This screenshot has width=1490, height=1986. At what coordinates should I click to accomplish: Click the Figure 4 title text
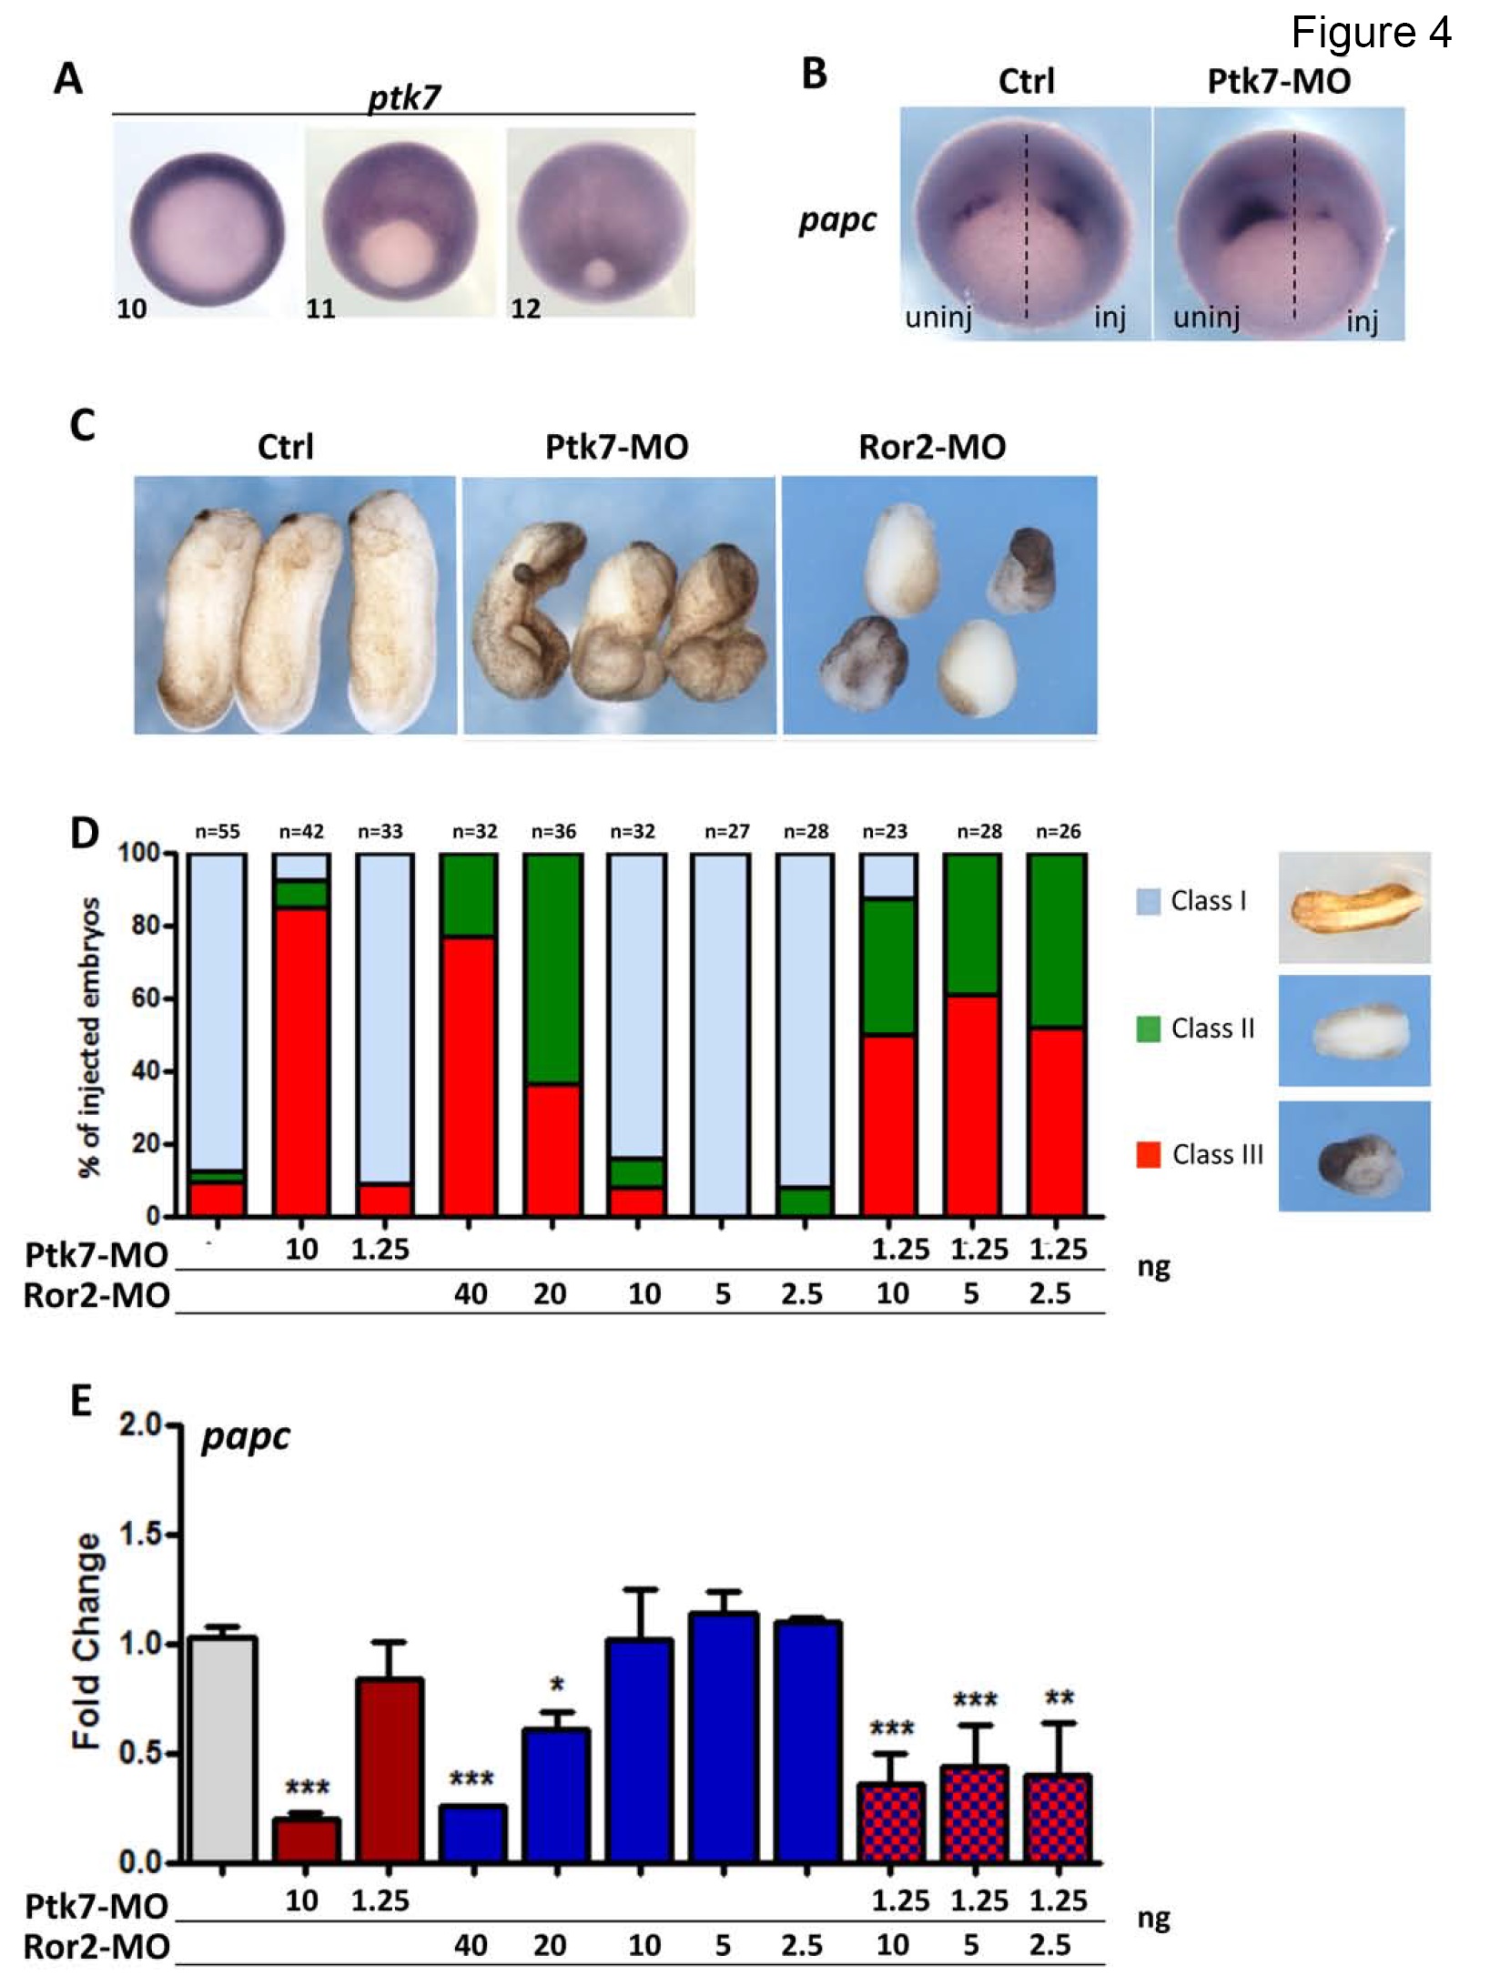[x=1370, y=34]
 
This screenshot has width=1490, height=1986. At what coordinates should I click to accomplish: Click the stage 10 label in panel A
[x=131, y=309]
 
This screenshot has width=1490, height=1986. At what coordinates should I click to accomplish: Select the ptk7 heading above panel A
[x=403, y=96]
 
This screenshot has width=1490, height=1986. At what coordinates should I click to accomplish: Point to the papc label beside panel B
[x=837, y=220]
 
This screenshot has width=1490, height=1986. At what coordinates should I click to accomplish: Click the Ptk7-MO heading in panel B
[x=1278, y=82]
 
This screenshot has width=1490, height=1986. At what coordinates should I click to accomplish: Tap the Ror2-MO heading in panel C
[x=932, y=447]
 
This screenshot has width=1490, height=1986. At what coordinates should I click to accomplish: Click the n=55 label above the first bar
[x=217, y=831]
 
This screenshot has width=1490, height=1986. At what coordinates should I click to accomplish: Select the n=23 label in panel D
[x=885, y=831]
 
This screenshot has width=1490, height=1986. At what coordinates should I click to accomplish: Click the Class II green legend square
[x=1149, y=1028]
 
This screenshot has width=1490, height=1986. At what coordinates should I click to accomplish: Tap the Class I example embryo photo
[x=1353, y=907]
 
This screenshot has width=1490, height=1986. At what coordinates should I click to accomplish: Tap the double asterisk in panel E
[x=1059, y=1698]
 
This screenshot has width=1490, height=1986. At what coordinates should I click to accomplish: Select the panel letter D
[x=84, y=832]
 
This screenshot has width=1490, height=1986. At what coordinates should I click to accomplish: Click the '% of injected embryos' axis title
[x=90, y=1037]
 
